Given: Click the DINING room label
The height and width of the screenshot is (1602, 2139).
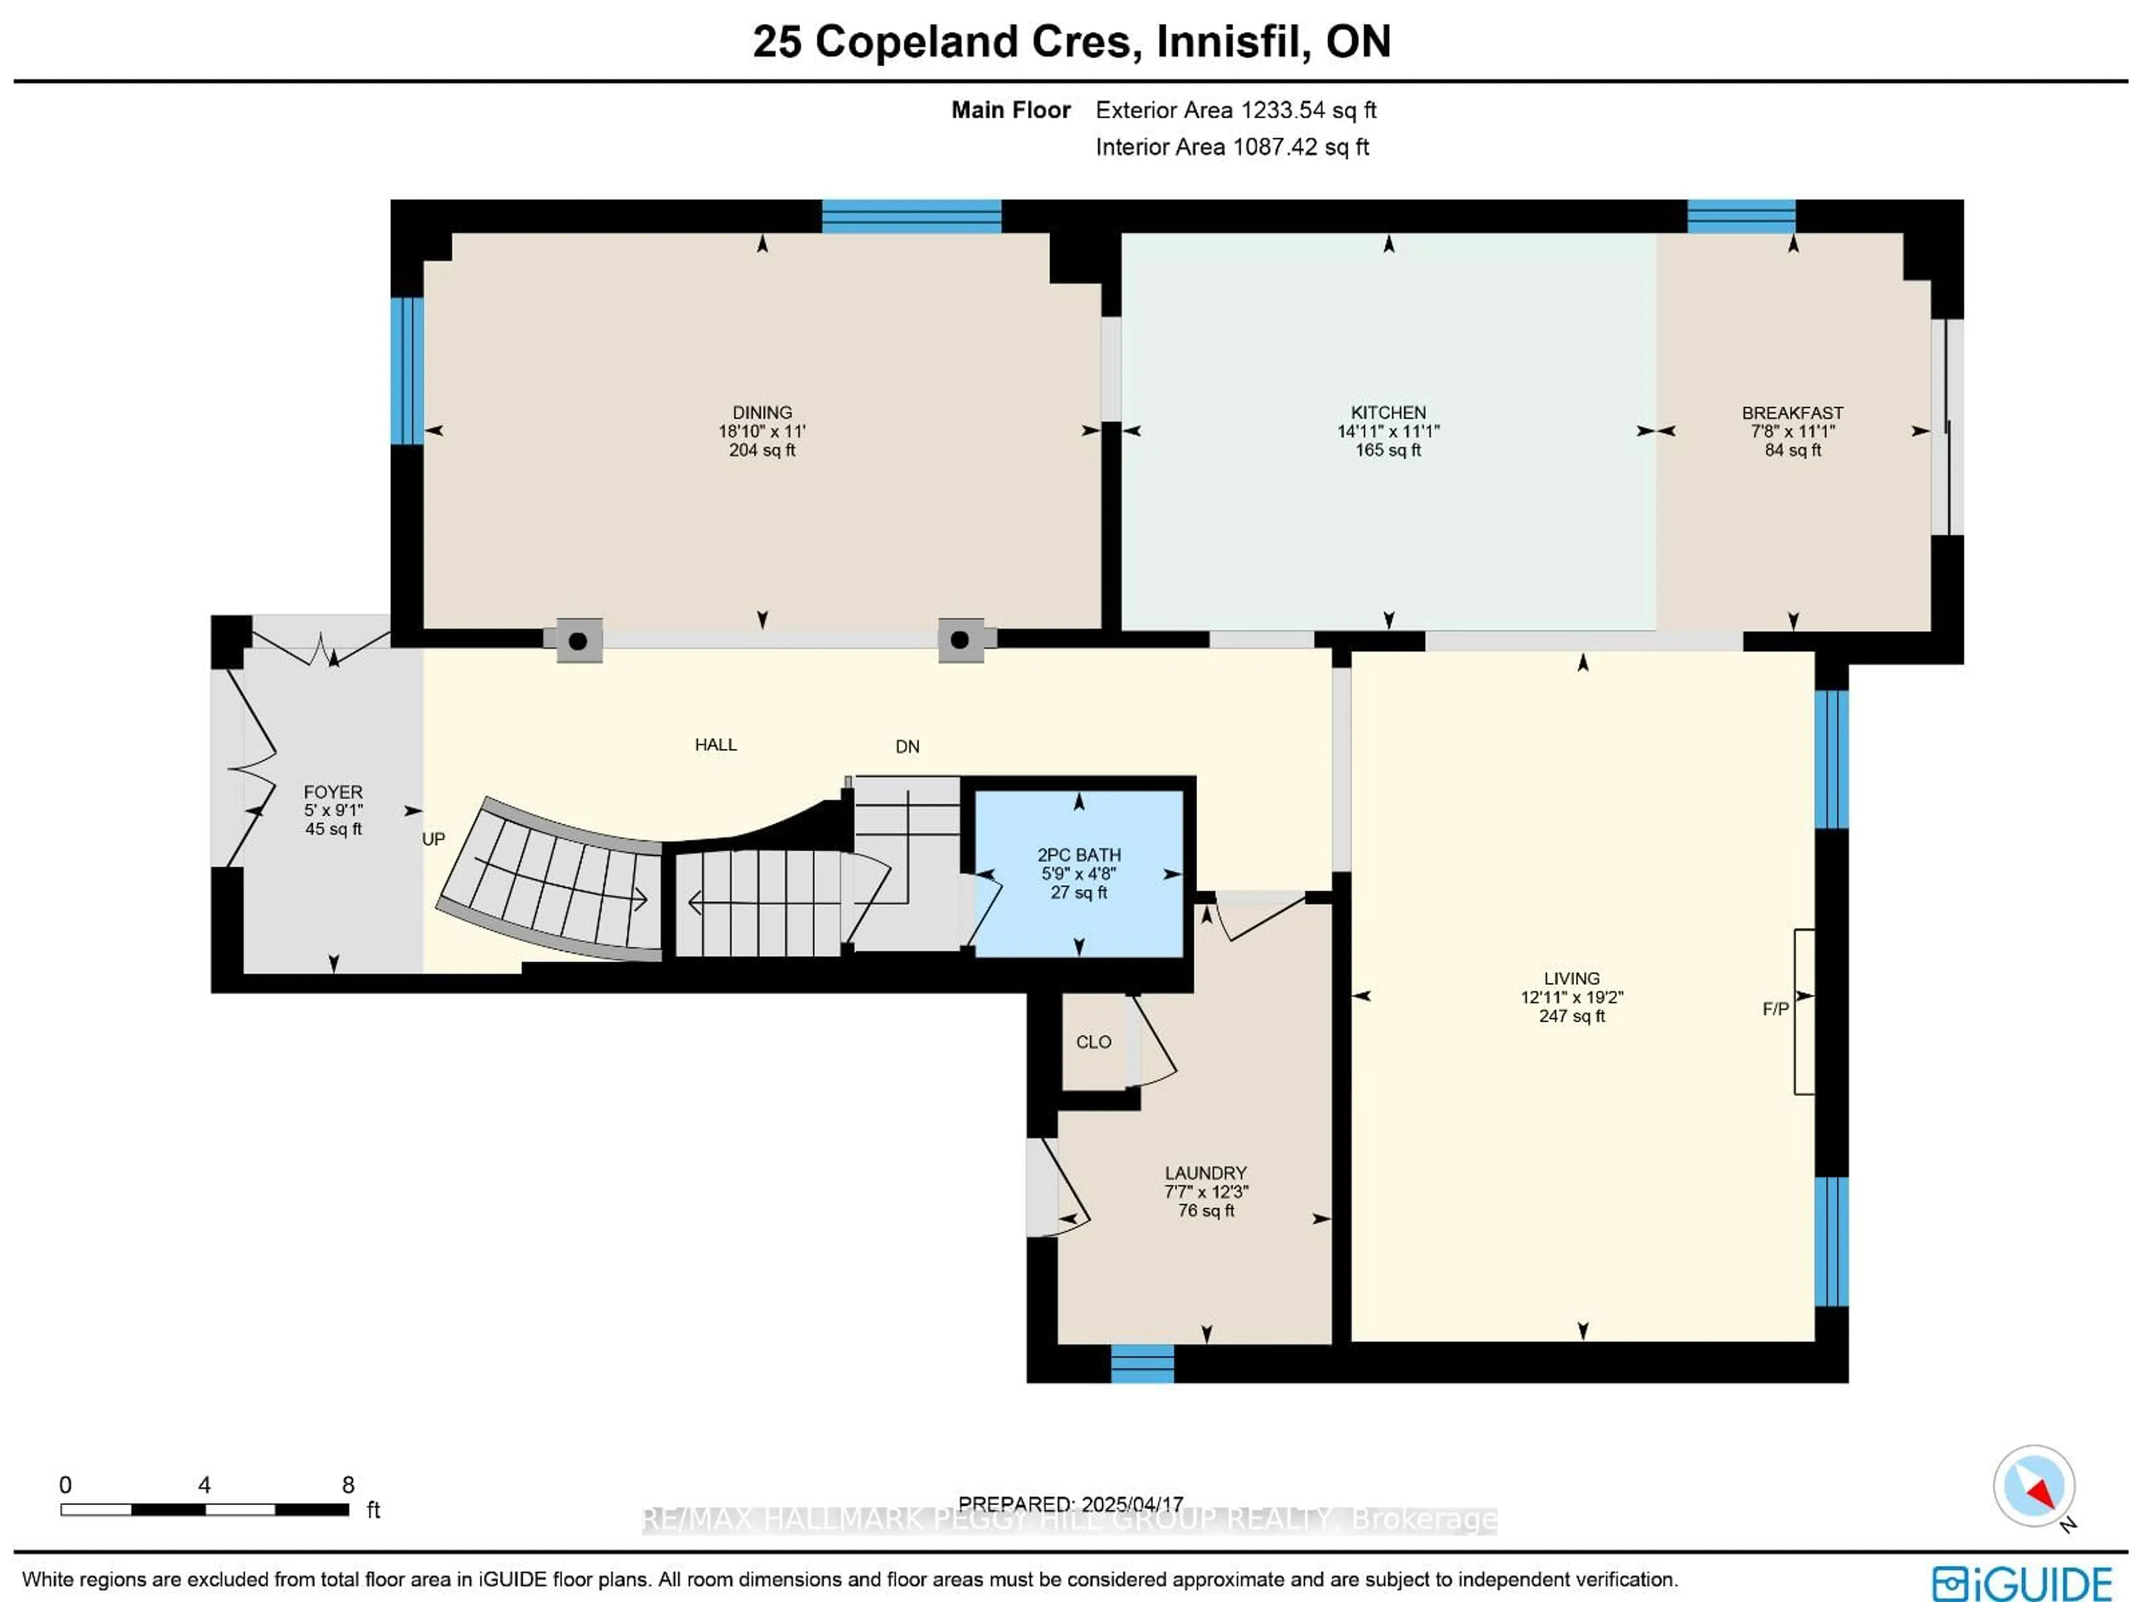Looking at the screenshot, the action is pos(762,413).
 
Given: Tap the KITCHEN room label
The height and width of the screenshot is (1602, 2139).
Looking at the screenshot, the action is pos(1388,413).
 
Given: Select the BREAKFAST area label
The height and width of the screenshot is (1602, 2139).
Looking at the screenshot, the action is pos(1792,413).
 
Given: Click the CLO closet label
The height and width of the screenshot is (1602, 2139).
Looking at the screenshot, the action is pos(1093,1042).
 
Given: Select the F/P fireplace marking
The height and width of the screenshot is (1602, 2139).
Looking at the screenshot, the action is pos(1775,1009).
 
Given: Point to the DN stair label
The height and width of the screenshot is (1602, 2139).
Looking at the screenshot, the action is pos(907,747).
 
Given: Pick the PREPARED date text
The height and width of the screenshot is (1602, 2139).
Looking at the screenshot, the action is pos(1071,1504).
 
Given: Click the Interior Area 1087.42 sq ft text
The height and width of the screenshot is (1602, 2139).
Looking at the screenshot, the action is pos(1232,147).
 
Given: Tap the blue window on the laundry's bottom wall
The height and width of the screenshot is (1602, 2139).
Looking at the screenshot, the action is pos(1142,1363).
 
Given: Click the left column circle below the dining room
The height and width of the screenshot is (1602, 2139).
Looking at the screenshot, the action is pos(578,640).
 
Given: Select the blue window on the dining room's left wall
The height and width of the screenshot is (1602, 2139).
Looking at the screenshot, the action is pos(407,371).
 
